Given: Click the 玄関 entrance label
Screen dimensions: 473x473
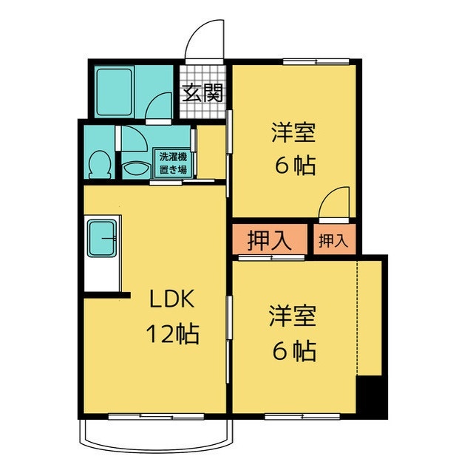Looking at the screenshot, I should tap(203, 93).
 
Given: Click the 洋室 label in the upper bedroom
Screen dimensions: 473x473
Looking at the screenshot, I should tap(293, 133).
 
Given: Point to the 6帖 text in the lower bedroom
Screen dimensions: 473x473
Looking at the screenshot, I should tap(293, 350).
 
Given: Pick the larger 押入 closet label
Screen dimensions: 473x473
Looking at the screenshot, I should tap(268, 241).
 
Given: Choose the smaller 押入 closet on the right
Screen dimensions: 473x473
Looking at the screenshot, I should tap(333, 240).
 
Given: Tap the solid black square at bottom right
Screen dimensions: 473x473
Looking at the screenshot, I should tap(371, 397).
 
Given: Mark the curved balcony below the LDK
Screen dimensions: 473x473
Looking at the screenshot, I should tap(154, 437).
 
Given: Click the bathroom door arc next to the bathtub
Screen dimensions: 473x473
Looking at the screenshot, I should tap(159, 108).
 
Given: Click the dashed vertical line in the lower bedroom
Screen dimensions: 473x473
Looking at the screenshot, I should tap(358, 318).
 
